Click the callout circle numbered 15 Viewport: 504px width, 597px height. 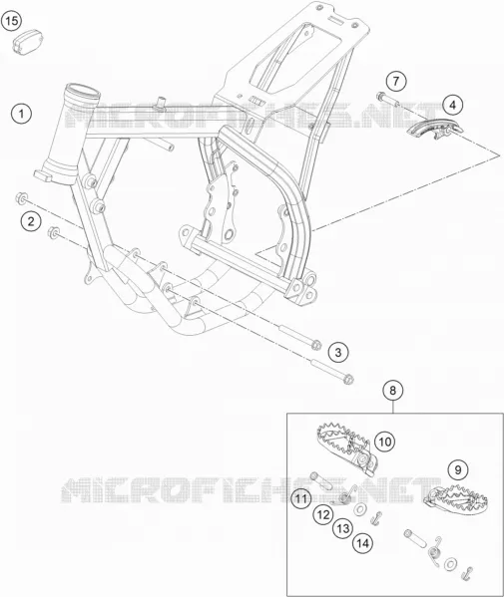click(x=11, y=21)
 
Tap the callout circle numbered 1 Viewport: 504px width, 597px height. click(x=21, y=114)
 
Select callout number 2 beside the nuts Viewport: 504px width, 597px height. click(x=31, y=221)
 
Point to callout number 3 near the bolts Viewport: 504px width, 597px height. click(x=338, y=352)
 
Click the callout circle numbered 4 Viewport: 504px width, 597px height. click(x=452, y=105)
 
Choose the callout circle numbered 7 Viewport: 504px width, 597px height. click(x=396, y=81)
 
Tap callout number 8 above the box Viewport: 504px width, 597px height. click(x=393, y=391)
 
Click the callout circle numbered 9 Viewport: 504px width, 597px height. click(x=458, y=469)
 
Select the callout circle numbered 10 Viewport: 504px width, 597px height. click(x=384, y=442)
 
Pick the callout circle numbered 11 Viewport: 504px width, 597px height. click(x=301, y=498)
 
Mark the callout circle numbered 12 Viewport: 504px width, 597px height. click(x=323, y=515)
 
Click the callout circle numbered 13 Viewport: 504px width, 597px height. click(x=343, y=528)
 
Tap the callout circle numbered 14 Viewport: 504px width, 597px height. click(x=363, y=543)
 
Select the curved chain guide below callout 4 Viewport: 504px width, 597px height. click(x=432, y=128)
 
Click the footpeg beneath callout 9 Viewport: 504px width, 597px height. click(x=456, y=497)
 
